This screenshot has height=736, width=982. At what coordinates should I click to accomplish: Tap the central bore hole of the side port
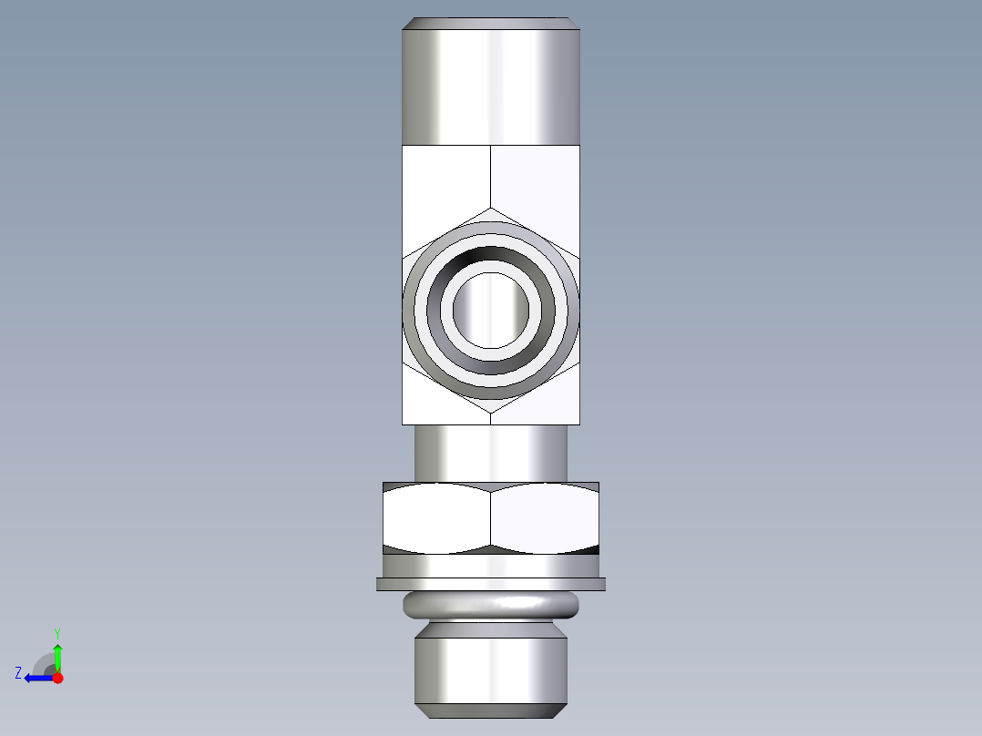tap(491, 310)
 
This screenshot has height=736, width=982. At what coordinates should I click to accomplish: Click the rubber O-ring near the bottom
tap(491, 603)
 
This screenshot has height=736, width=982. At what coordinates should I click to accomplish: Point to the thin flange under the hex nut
tap(491, 584)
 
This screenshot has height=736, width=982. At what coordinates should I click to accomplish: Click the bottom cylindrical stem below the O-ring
tap(491, 670)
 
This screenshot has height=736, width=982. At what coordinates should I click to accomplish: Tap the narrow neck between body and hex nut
tap(491, 453)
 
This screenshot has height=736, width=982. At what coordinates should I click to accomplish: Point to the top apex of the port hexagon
tap(491, 209)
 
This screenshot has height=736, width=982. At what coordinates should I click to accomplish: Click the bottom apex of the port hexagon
tap(491, 413)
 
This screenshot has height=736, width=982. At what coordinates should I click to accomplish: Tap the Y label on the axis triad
tap(56, 632)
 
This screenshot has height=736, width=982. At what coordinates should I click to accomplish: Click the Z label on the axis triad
tap(18, 673)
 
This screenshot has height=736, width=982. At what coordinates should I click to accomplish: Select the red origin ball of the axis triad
tap(57, 678)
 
